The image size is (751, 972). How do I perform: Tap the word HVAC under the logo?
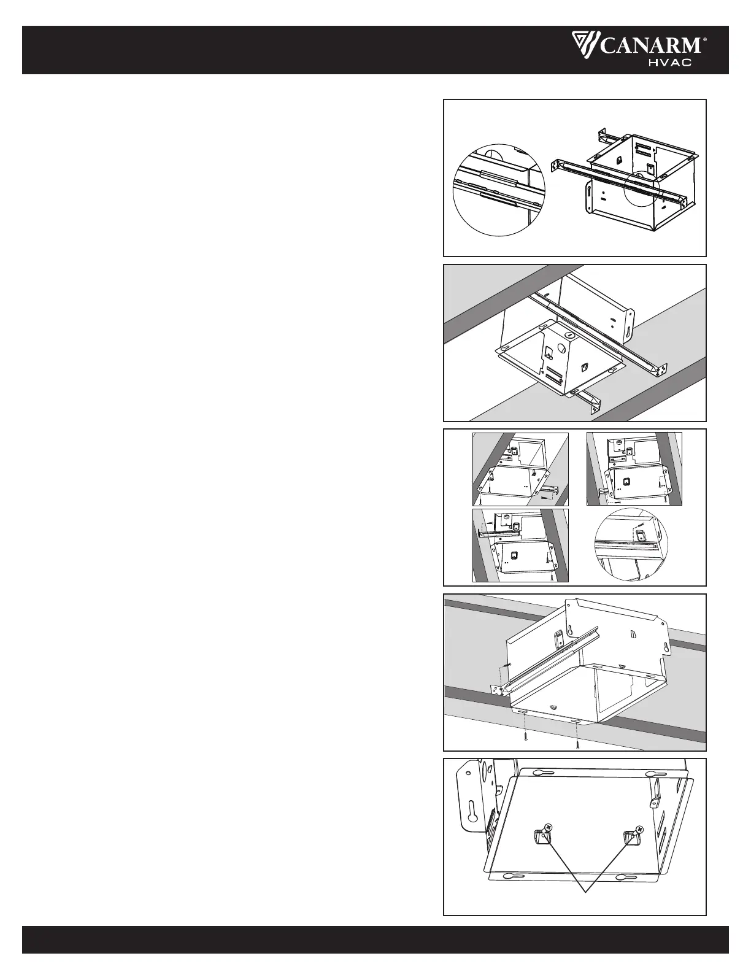[x=671, y=63]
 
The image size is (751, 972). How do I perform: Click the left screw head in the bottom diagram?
[x=547, y=828]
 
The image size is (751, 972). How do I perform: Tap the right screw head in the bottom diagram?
[x=640, y=829]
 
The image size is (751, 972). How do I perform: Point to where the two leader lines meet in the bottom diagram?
[x=587, y=892]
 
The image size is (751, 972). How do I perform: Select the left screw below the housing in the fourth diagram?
[x=526, y=736]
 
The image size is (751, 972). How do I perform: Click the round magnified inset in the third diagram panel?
[x=630, y=544]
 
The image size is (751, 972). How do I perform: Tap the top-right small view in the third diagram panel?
[x=634, y=469]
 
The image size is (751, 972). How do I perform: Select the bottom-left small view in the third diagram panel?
[x=520, y=545]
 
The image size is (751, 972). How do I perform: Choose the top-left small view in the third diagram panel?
[x=520, y=469]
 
